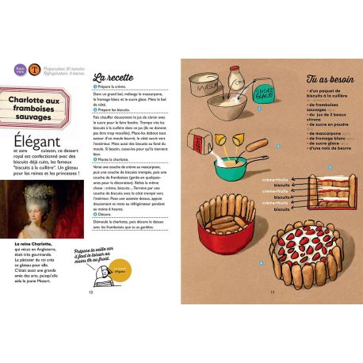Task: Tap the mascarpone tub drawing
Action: [x=204, y=82]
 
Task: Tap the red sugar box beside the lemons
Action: [x=195, y=140]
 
